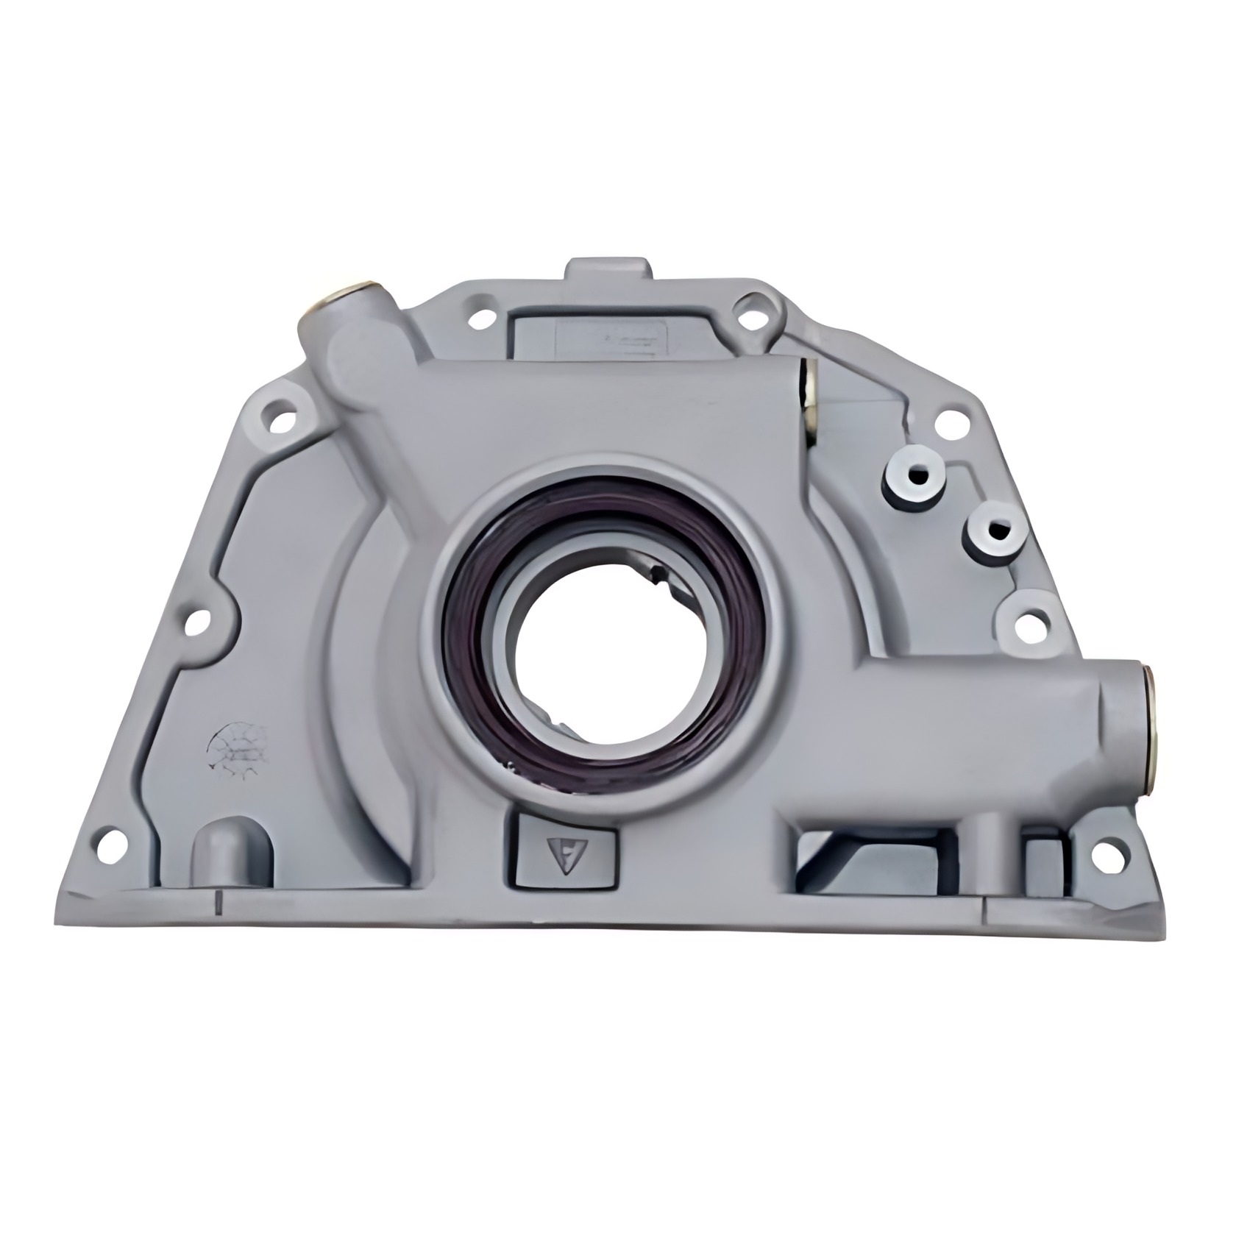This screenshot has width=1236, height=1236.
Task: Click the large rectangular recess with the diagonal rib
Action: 876,864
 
